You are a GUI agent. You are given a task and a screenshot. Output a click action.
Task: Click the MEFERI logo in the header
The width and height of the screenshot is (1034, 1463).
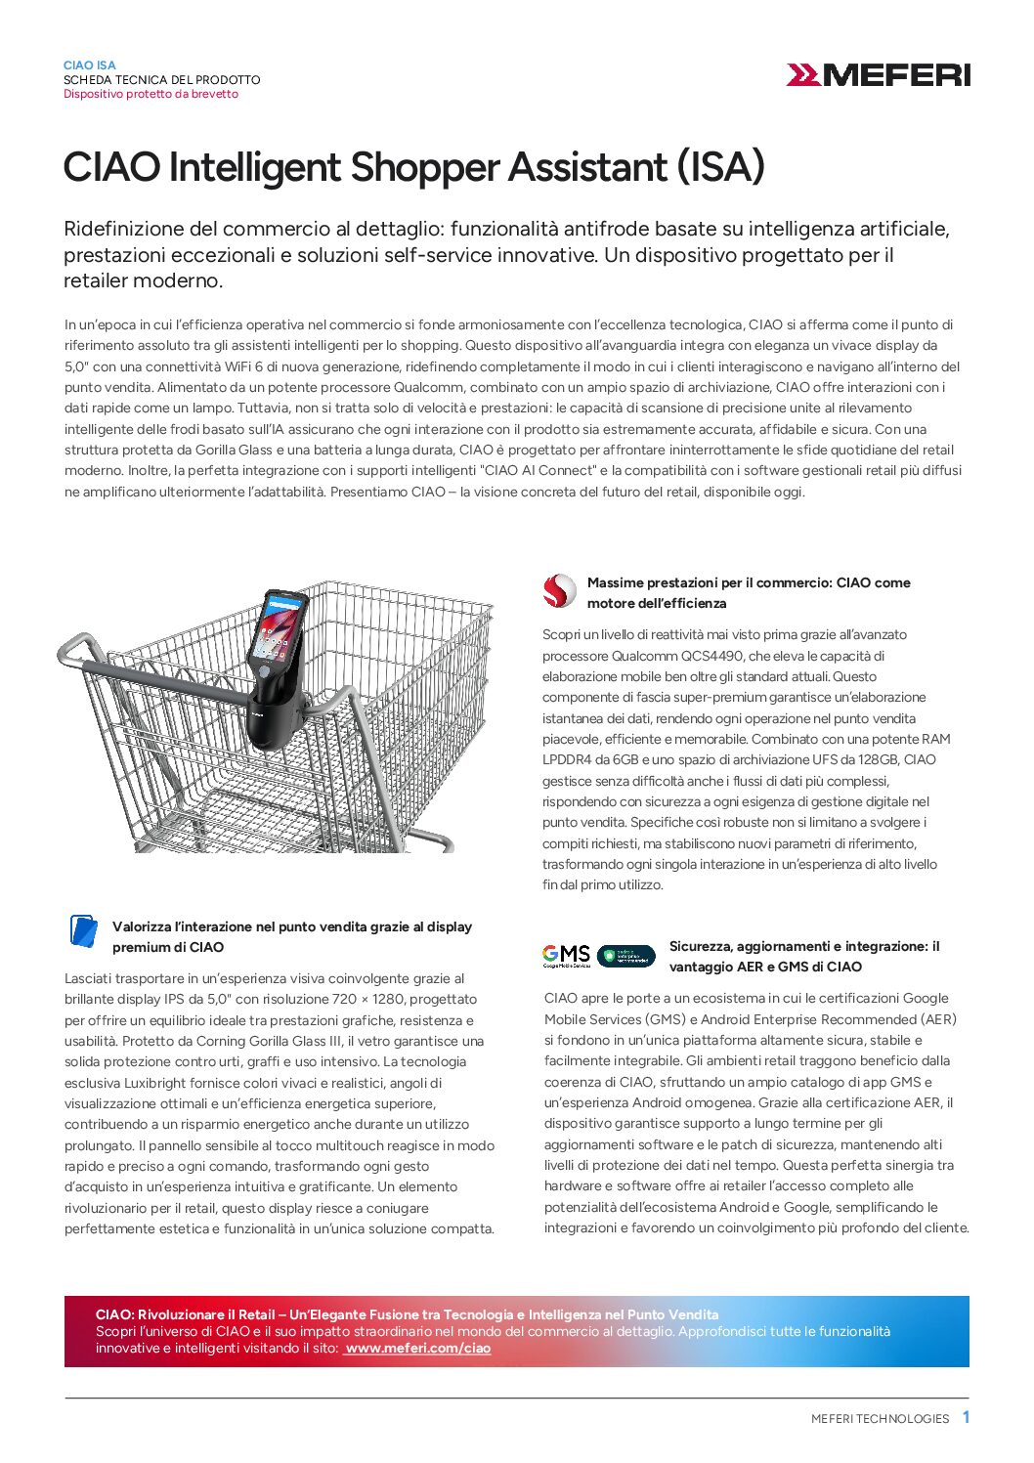(x=878, y=74)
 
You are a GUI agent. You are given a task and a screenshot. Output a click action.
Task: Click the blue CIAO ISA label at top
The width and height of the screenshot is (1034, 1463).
(x=90, y=65)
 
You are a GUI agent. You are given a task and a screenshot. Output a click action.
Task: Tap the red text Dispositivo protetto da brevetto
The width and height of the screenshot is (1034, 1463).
(x=151, y=94)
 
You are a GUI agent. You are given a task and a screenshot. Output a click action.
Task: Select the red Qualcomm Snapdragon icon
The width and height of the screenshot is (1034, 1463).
(x=559, y=591)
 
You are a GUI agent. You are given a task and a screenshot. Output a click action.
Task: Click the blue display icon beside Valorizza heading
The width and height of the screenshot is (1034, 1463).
(x=84, y=930)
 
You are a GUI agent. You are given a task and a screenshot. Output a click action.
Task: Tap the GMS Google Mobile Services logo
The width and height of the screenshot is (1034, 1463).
(x=567, y=955)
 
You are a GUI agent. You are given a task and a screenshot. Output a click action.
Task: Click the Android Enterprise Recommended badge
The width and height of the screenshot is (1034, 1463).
(x=626, y=955)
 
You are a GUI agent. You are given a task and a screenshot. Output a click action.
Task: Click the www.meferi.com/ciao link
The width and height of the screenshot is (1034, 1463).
(x=417, y=1348)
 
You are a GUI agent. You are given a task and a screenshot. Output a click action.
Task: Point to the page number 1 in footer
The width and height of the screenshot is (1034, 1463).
(x=966, y=1417)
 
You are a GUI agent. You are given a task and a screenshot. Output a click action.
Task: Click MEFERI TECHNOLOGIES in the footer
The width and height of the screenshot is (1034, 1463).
(x=880, y=1418)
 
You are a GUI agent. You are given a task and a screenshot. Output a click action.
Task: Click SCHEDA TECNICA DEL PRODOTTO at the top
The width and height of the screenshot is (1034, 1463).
(x=162, y=79)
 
